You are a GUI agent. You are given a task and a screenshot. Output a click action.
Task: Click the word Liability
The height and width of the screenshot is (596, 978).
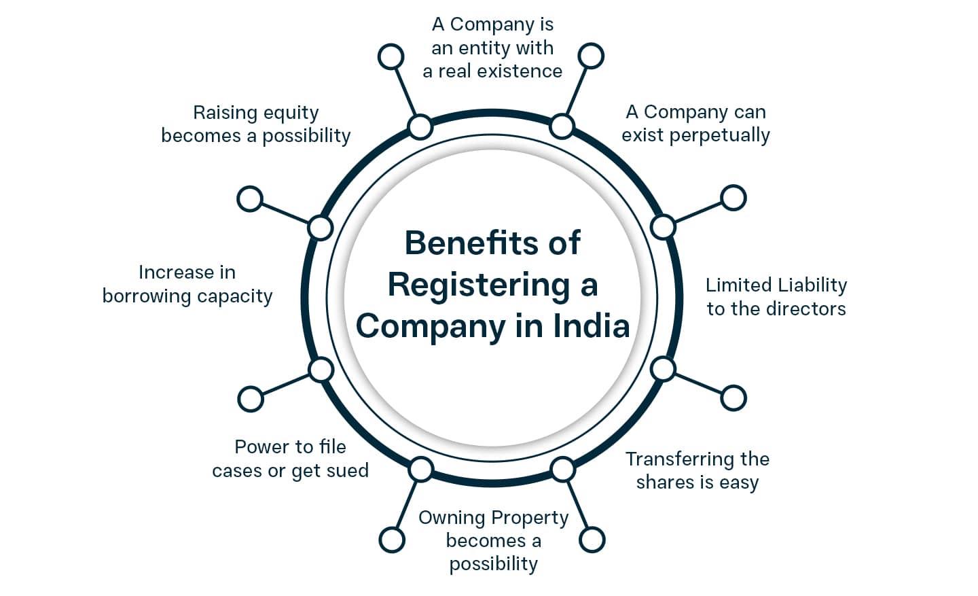point(813,285)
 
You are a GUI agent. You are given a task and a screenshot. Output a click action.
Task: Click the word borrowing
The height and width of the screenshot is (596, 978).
point(146,296)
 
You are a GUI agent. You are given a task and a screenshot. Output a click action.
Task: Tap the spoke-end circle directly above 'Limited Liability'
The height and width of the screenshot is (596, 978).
point(733,198)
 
